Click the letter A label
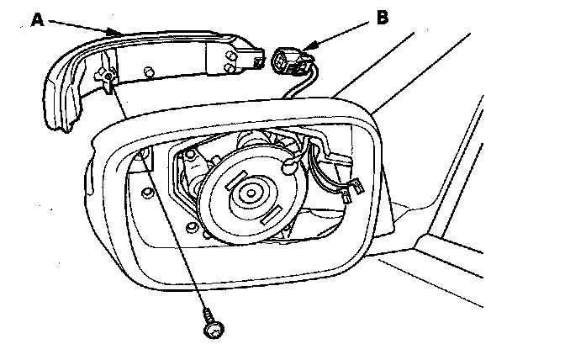(38, 19)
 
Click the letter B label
(383, 18)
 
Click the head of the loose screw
(214, 330)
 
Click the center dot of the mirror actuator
(251, 193)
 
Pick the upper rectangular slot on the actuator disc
(236, 180)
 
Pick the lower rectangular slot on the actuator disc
(272, 215)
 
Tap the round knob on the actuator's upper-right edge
(288, 167)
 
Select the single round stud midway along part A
(148, 71)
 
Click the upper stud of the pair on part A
(229, 56)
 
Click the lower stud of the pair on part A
(229, 68)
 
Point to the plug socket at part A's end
(258, 61)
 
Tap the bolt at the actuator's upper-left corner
(189, 155)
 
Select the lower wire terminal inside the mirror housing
(346, 197)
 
